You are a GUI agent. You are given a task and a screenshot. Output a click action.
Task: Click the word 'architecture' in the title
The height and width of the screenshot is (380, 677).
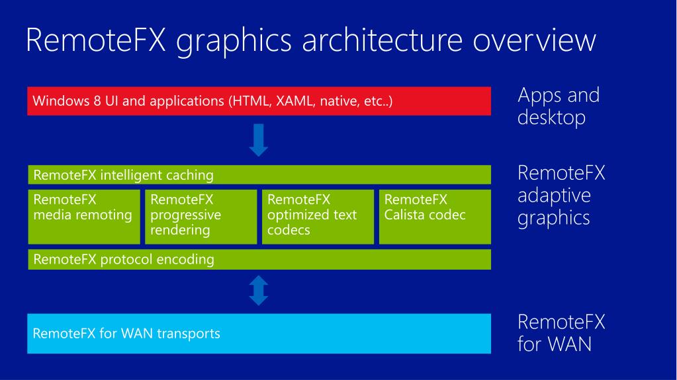(382, 40)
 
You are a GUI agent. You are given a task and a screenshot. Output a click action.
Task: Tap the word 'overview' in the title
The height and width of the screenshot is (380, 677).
(535, 40)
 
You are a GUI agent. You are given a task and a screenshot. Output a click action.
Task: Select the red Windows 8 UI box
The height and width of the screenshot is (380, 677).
(259, 101)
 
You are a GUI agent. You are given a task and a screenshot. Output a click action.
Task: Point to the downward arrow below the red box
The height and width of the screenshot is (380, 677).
(259, 140)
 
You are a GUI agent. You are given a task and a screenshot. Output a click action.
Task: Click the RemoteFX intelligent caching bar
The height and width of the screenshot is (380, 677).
(259, 174)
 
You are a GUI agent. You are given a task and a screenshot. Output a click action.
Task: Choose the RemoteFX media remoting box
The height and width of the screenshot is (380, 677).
(84, 217)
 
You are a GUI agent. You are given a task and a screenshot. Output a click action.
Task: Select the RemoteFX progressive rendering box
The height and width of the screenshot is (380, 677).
(201, 217)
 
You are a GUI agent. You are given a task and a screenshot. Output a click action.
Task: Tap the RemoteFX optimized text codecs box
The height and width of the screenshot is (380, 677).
(318, 217)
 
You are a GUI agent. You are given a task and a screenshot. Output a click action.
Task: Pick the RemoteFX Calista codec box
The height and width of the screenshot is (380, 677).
(435, 217)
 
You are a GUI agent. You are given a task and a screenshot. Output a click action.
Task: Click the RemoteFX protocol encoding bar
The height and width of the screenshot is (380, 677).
(259, 259)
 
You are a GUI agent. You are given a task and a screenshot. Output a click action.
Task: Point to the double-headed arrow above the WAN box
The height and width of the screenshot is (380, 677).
(259, 291)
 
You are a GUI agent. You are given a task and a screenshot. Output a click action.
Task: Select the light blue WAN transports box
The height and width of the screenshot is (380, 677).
(259, 334)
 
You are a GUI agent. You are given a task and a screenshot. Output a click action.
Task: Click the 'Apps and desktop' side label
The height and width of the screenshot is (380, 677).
(559, 106)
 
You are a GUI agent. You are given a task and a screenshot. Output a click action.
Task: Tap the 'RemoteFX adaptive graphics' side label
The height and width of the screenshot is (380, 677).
(561, 196)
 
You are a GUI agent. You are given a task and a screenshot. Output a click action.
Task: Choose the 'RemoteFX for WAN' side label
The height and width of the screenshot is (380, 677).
(561, 333)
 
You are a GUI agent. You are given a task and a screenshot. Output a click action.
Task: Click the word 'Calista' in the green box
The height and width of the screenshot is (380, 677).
(405, 215)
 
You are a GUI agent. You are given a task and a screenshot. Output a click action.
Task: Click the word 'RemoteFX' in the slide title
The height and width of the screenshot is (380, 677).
(96, 40)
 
